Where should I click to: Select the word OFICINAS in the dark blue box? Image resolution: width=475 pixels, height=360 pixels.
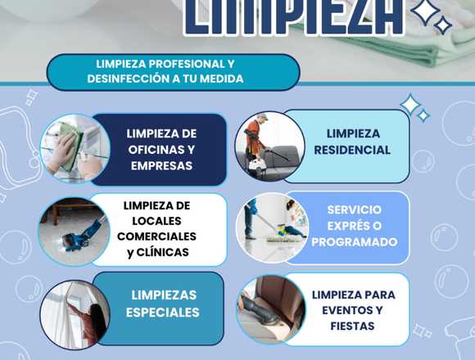coord(152,150)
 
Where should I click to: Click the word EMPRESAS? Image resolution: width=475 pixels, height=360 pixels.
coord(161,165)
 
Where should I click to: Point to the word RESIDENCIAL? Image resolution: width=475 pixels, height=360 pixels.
coord(352,150)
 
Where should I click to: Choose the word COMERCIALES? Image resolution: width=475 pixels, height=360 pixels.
coord(156,236)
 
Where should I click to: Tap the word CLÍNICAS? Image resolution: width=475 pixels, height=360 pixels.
coord(163,252)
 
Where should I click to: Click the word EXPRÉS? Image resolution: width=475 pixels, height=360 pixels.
coord(346,226)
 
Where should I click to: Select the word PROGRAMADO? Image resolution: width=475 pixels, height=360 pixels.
coord(355,241)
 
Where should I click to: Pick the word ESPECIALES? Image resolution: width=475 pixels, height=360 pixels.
coord(163,313)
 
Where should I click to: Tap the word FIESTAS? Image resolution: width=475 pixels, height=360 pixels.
coord(352,326)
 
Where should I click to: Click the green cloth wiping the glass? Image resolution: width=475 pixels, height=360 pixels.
coord(70,145)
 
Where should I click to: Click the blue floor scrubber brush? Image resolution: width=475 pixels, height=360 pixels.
coord(80,236)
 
